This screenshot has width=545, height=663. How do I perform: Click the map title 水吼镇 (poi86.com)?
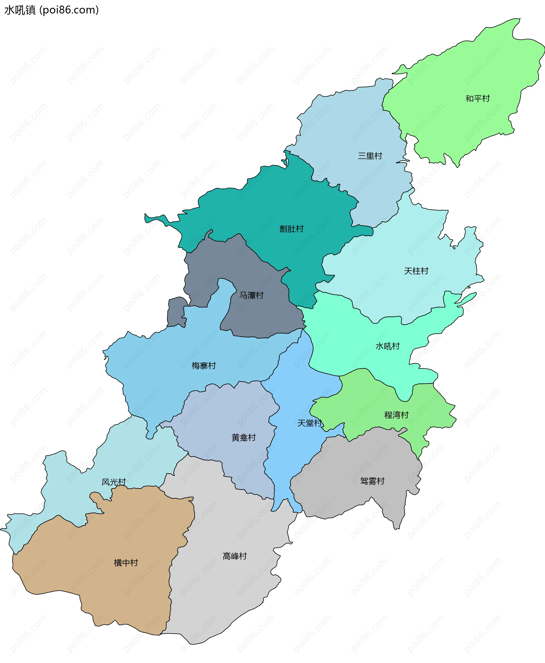coord(51,10)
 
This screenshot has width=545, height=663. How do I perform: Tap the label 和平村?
coord(477,99)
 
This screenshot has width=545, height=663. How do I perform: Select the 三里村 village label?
coord(370,156)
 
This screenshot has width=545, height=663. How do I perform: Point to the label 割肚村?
coord(291,229)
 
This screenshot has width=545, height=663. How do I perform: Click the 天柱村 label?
coord(416,271)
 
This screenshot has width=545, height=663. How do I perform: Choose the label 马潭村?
coord(251,295)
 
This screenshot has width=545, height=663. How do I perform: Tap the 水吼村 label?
coord(388,346)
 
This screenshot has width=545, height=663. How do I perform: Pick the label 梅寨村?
coord(204,366)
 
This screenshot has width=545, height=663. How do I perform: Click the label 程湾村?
coord(397,415)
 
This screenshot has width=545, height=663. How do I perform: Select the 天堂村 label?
coord(310,423)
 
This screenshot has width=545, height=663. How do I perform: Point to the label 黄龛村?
coord(244,437)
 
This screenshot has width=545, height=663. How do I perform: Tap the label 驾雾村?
coord(372,481)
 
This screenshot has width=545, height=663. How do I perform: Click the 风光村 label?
coord(114,482)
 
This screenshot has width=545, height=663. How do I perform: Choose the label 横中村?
coord(126,563)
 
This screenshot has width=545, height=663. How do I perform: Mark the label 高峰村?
coord(235,556)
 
